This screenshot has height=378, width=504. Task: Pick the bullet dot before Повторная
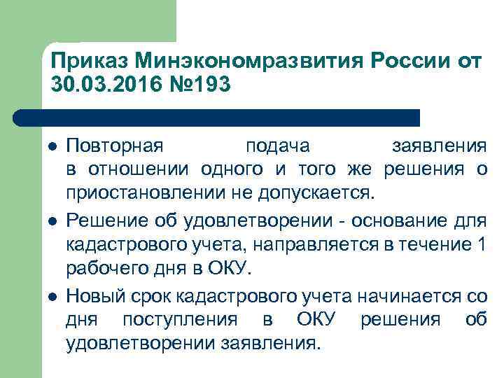coord(51,147)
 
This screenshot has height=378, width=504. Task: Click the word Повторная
coord(115,147)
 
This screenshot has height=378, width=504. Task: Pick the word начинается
coord(406,297)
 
